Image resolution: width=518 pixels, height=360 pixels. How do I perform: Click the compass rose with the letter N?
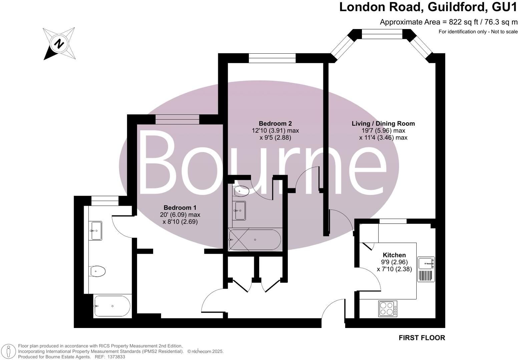pyautogui.click(x=59, y=44)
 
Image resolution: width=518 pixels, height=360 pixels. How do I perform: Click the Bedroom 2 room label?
pyautogui.click(x=275, y=123)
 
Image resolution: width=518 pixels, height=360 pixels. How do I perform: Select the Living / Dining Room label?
pyautogui.click(x=383, y=123)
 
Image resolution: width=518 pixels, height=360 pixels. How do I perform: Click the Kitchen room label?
pyautogui.click(x=394, y=255)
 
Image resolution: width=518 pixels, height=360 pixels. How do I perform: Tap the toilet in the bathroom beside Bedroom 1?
pyautogui.click(x=97, y=271)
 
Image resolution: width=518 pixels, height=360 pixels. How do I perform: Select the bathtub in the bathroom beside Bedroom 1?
pyautogui.click(x=112, y=306)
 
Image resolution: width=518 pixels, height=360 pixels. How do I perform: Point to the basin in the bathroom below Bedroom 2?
pyautogui.click(x=240, y=211)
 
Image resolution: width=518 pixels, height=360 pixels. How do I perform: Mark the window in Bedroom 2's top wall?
pyautogui.click(x=272, y=58)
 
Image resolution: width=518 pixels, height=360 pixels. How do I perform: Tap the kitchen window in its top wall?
pyautogui.click(x=393, y=221)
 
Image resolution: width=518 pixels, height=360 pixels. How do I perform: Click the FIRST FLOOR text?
pyautogui.click(x=422, y=338)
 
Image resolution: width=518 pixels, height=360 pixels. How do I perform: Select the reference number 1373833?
pyautogui.click(x=115, y=357)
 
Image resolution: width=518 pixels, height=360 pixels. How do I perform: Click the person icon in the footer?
pyautogui.click(x=9, y=351)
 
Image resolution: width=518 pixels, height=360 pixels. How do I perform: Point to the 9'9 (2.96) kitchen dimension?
pyautogui.click(x=394, y=262)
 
